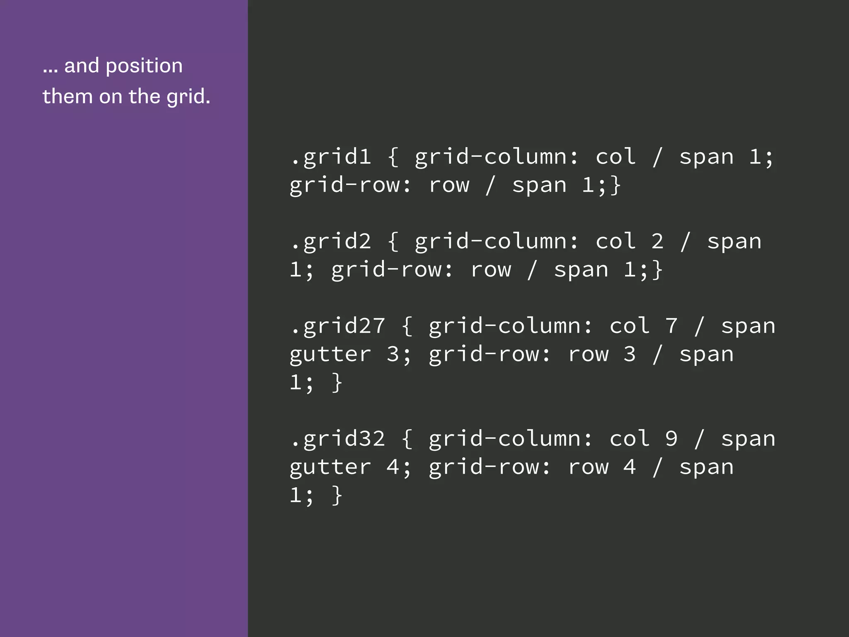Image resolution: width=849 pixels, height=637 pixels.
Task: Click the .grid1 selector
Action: point(330,157)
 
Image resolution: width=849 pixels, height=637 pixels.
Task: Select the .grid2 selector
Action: point(330,241)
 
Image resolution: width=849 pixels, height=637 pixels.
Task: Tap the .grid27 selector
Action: point(337,326)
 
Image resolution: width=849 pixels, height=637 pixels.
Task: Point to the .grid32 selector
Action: point(337,439)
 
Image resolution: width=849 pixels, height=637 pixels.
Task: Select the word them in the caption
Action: point(67,96)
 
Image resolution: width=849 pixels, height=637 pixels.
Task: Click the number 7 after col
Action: point(671,326)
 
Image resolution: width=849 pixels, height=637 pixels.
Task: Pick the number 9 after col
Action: point(671,439)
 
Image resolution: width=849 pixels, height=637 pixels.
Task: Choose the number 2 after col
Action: point(657,241)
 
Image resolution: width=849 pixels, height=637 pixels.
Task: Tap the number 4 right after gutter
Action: point(393,467)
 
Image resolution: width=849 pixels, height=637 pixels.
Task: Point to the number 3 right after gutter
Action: point(393,354)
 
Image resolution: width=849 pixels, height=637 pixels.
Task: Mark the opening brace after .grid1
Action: point(393,157)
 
